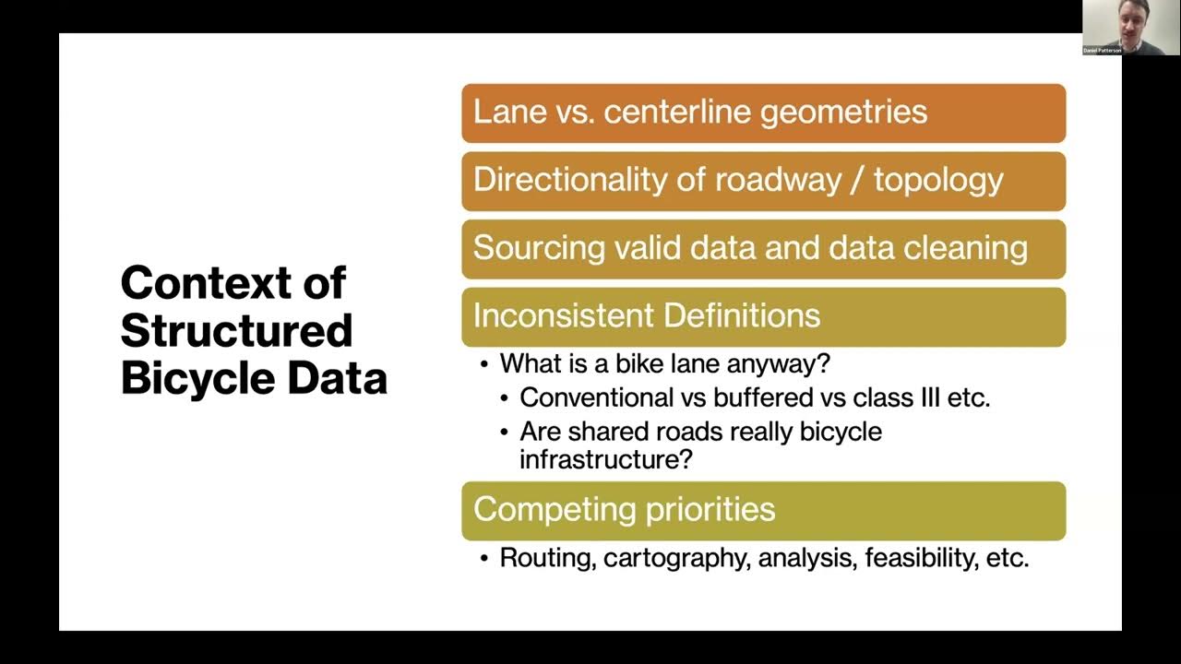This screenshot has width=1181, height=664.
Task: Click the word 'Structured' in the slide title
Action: (x=236, y=330)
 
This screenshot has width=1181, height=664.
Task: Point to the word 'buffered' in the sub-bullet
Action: (x=739, y=397)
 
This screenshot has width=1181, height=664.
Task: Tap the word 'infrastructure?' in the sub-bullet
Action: (x=605, y=458)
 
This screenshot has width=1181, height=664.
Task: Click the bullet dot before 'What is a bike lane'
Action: (x=484, y=364)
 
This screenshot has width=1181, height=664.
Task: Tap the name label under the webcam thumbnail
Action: (x=1103, y=51)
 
